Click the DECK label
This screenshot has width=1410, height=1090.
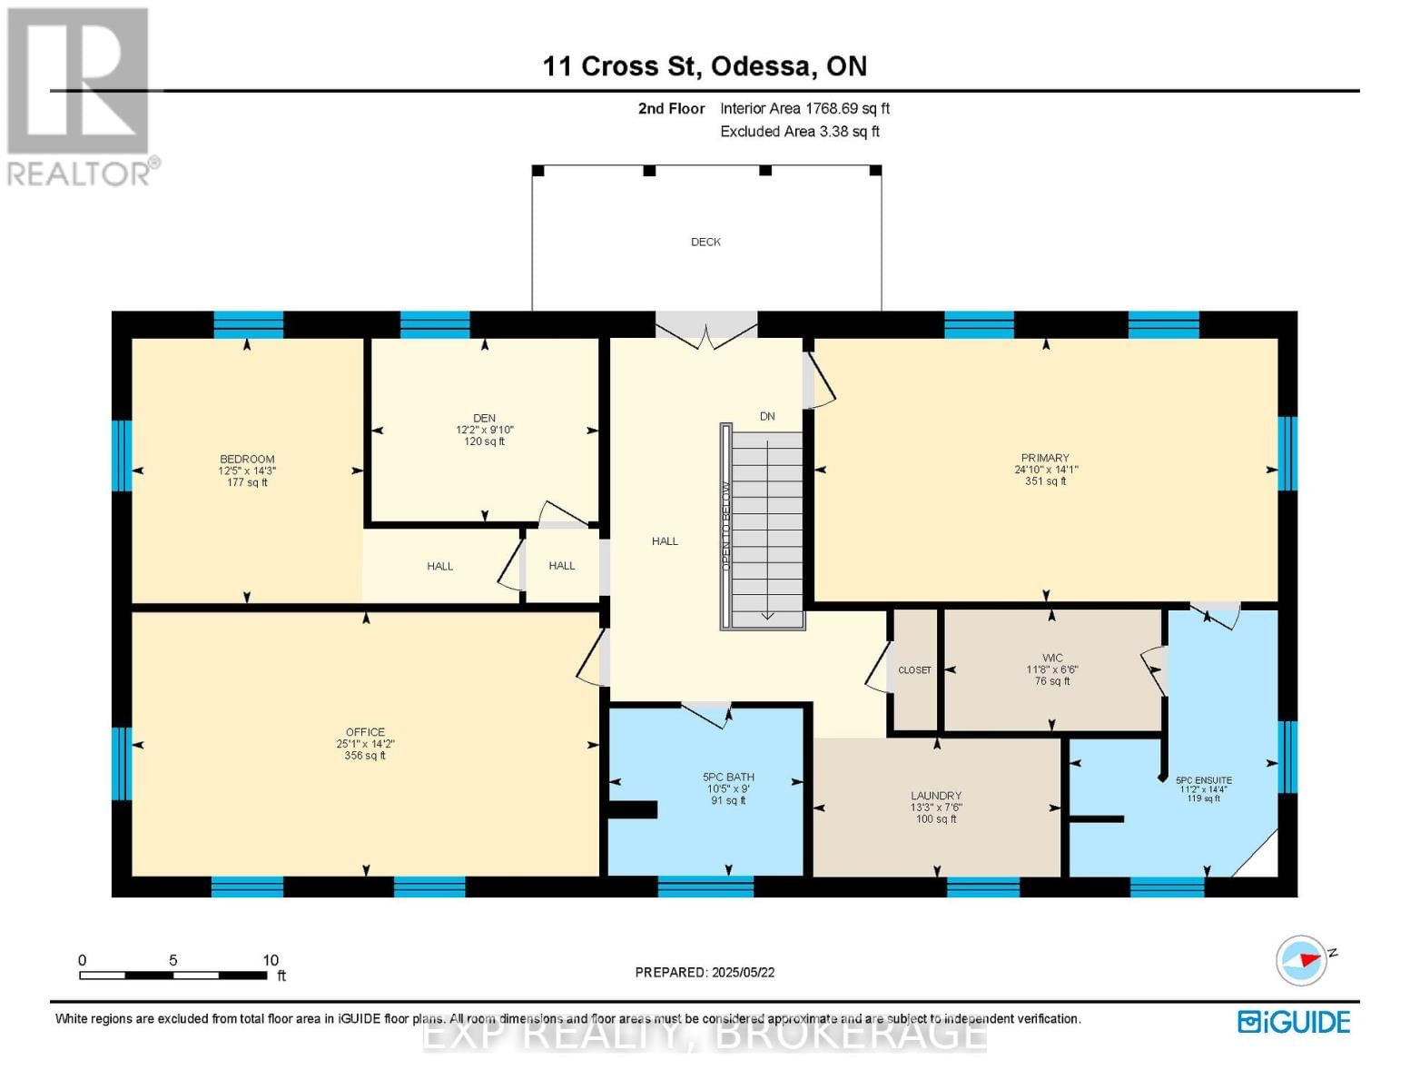tap(705, 243)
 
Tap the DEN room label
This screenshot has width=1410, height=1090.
tap(484, 418)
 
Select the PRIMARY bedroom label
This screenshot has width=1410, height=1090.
tap(1045, 458)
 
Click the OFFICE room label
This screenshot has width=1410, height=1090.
tap(365, 731)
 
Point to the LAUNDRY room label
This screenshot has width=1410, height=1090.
tap(936, 796)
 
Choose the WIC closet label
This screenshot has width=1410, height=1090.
tap(1051, 658)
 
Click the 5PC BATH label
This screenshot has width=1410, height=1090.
tap(728, 777)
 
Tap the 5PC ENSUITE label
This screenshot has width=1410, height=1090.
tap(1204, 780)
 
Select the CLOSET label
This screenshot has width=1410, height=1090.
tap(914, 670)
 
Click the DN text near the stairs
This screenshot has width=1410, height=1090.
tap(767, 416)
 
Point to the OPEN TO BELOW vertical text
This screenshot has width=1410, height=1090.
tap(726, 527)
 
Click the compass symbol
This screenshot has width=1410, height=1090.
tap(1300, 961)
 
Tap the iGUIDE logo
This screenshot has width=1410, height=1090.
tap(1294, 1022)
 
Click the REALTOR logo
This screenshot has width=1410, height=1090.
tap(79, 97)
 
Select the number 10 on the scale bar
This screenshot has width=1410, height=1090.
tap(271, 959)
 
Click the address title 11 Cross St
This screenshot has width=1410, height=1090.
tap(618, 66)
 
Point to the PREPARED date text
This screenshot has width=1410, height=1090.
tap(705, 972)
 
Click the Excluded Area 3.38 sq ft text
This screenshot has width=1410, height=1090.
tap(799, 132)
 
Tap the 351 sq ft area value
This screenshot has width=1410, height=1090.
tap(1045, 481)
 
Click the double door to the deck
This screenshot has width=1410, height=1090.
tap(706, 332)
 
